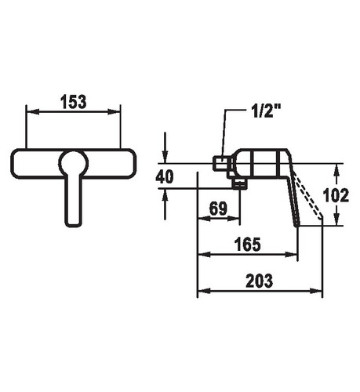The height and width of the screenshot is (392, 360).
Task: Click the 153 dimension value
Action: coord(74,102)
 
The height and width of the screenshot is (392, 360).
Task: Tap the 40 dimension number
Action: coord(165,176)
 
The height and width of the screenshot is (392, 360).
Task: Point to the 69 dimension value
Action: coord(219,209)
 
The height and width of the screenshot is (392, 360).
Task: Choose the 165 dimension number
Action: coord(248,245)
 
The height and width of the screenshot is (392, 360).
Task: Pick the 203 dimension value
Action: coord(260,281)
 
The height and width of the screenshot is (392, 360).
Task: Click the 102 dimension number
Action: coord(336,195)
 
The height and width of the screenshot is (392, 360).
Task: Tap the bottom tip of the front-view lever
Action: coord(73,226)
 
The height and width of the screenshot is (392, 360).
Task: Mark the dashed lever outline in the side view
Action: coord(307,195)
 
